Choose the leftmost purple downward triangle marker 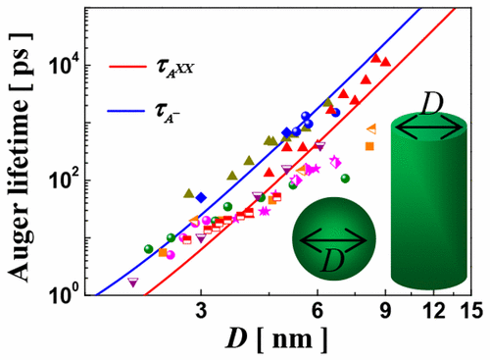click(133, 283)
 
